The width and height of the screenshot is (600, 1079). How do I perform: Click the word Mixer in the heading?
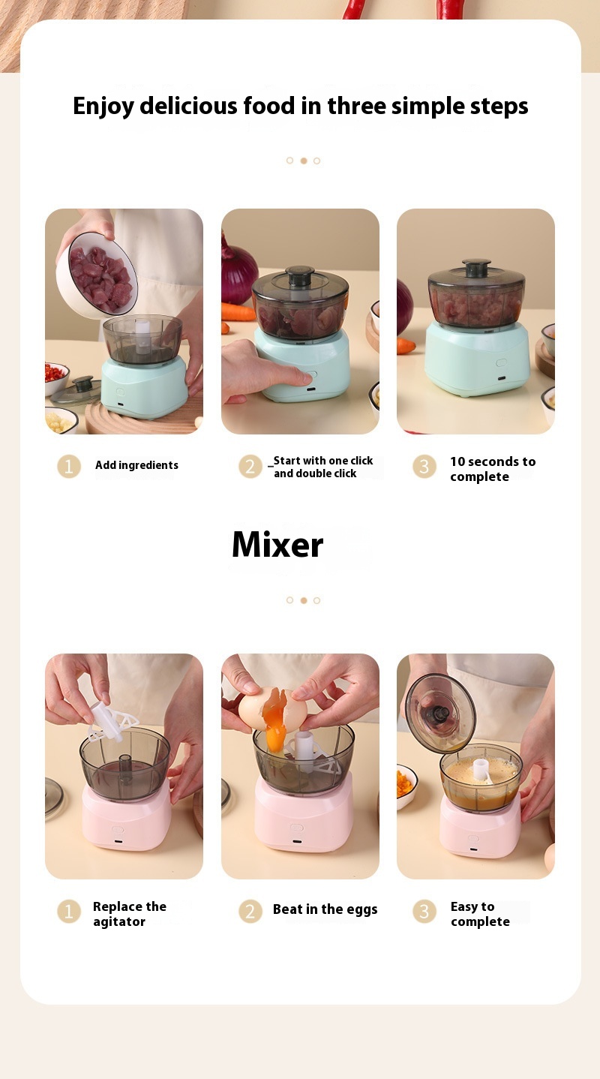(277, 545)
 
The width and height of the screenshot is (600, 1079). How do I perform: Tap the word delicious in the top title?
(189, 106)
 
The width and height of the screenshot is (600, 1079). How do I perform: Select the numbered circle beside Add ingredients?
(69, 466)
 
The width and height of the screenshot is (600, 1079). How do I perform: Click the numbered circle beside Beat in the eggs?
(250, 911)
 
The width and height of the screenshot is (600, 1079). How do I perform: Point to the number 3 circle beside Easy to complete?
(424, 911)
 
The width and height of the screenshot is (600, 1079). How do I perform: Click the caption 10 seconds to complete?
(493, 469)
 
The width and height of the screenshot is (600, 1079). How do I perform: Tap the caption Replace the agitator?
(130, 914)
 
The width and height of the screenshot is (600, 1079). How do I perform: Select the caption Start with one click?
(323, 461)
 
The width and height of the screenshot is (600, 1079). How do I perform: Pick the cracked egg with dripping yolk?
(272, 711)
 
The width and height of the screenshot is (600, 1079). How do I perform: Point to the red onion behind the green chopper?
(238, 270)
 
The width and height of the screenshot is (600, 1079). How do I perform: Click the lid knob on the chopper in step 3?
(477, 267)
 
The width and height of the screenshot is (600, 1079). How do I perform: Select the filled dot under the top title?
(303, 161)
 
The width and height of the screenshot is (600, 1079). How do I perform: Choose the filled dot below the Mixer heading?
(303, 600)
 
